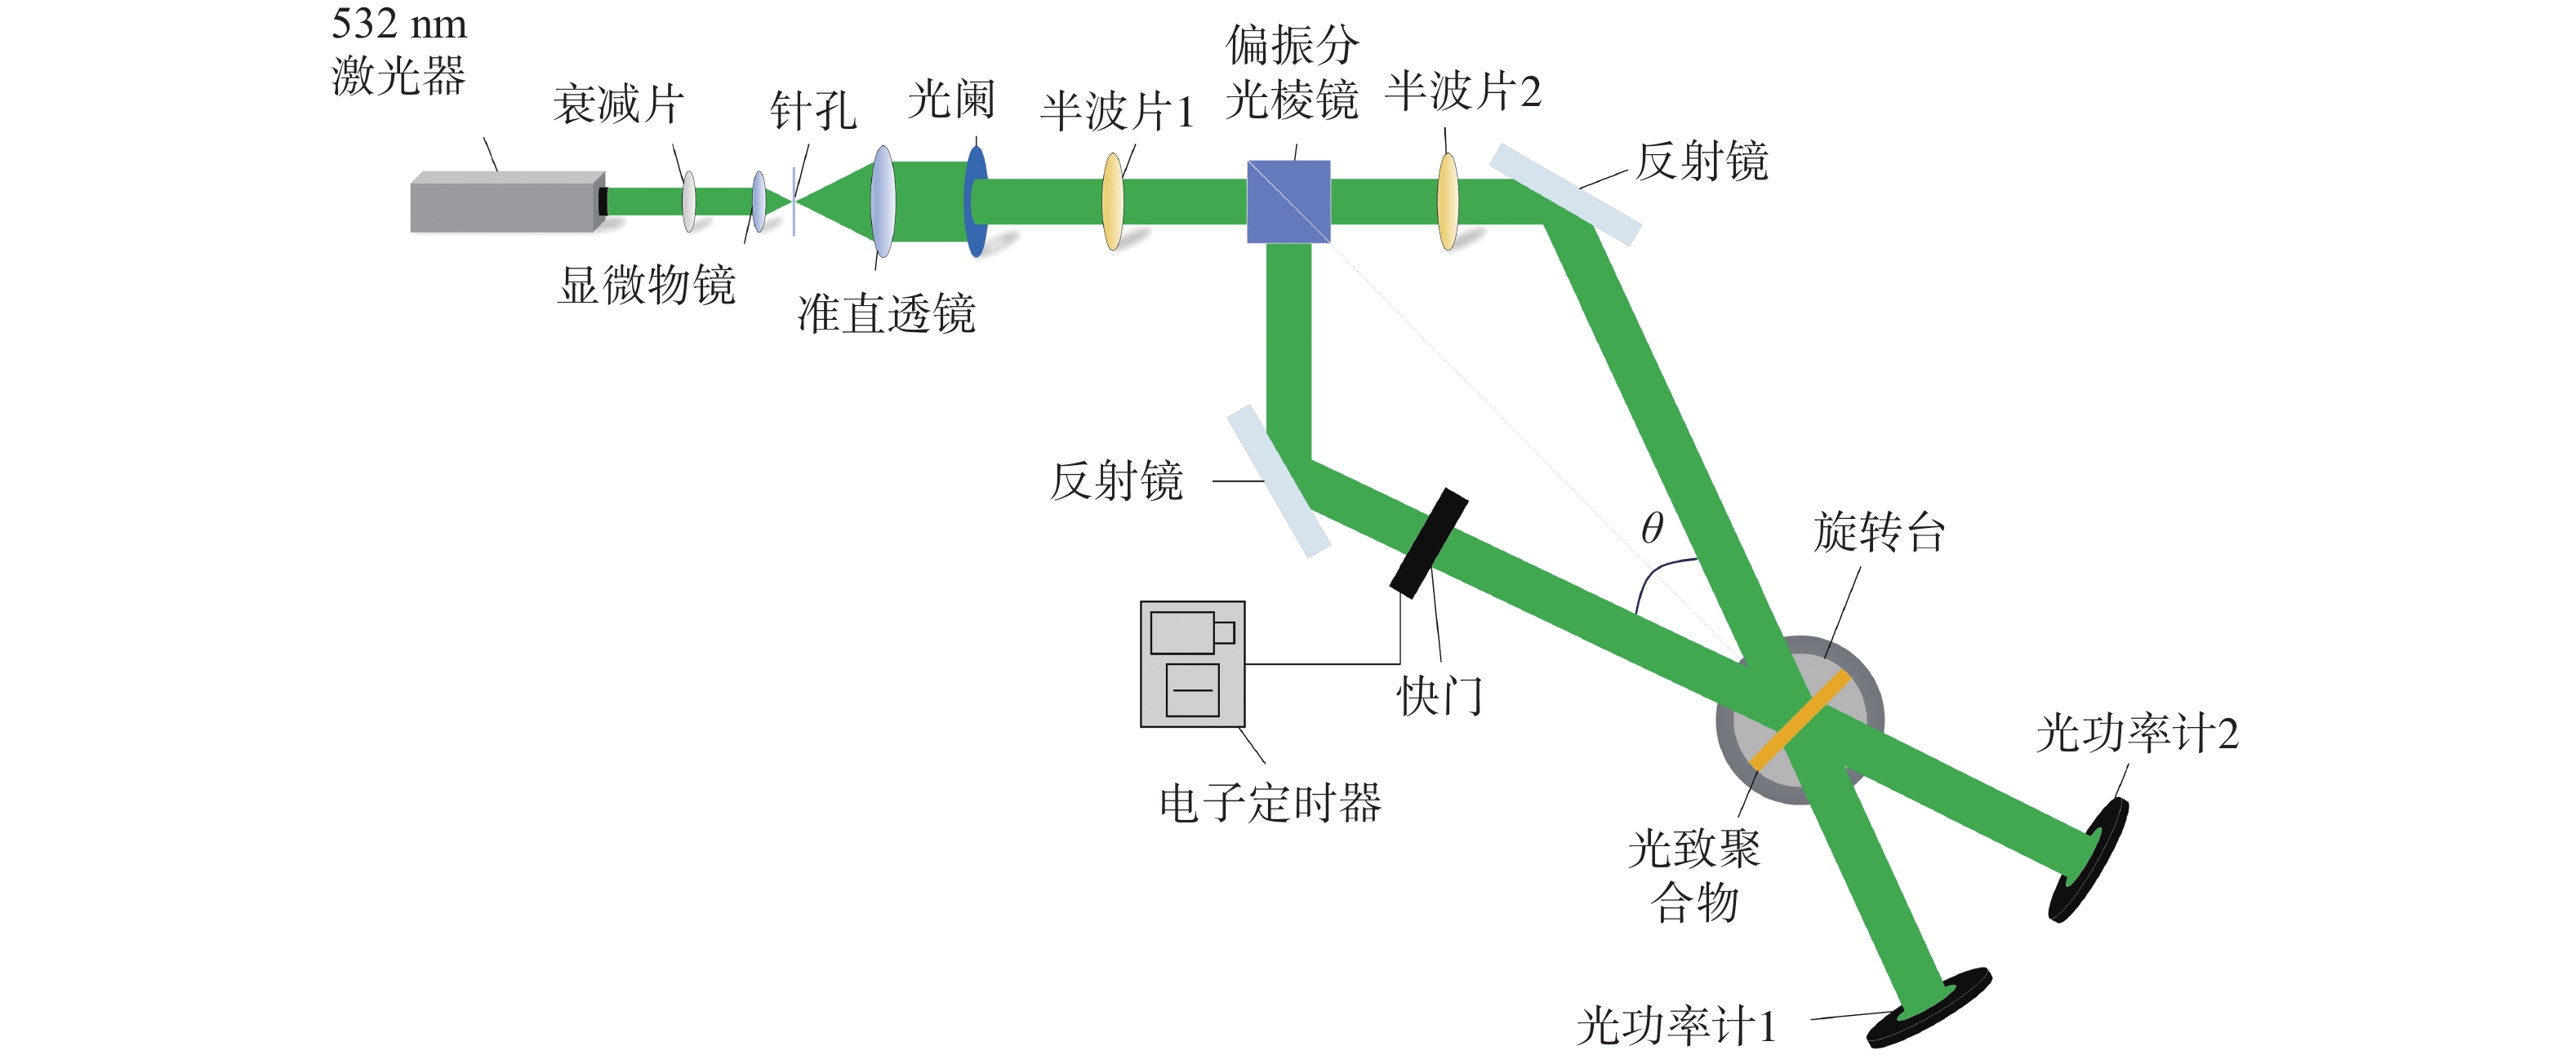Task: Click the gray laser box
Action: [507, 202]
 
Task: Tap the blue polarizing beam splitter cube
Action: [1288, 202]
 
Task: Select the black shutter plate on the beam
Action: [1430, 543]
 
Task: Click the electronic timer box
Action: [1192, 663]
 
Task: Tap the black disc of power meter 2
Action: [2088, 859]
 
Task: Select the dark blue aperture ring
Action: [977, 202]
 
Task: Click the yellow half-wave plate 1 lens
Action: [1112, 202]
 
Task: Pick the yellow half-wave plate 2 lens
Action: [1448, 202]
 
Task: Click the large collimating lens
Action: [883, 202]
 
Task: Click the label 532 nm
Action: [399, 23]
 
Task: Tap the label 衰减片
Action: [619, 104]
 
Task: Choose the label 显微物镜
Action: [647, 285]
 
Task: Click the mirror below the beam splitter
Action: [1278, 481]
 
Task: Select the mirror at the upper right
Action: [1565, 195]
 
